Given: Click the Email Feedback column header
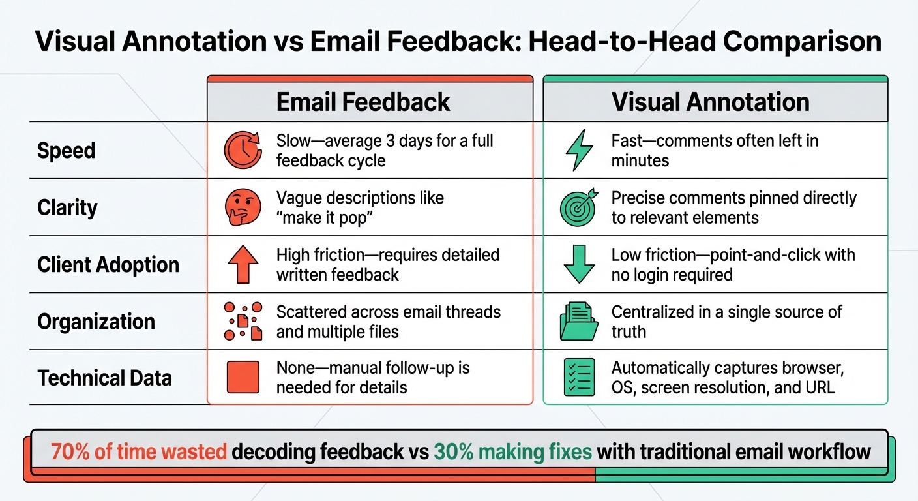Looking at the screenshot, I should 363,102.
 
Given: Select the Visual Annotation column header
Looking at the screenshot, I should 710,102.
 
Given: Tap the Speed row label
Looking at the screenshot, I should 67,151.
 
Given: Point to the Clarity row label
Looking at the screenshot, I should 68,207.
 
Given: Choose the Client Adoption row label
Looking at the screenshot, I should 108,265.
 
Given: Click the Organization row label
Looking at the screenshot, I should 96,322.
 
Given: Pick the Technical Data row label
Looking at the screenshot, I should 104,378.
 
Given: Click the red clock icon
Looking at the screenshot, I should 243,150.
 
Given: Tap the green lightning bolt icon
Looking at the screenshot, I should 578,150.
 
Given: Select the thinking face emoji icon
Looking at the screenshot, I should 243,207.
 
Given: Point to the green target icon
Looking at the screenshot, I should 578,207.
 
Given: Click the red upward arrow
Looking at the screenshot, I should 243,264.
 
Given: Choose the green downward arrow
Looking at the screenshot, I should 578,264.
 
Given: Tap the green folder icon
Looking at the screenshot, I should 578,322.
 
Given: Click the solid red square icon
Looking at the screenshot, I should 243,378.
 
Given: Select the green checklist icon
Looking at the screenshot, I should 578,378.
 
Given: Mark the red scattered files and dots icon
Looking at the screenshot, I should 243,321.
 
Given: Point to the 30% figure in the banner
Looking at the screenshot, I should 452,452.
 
